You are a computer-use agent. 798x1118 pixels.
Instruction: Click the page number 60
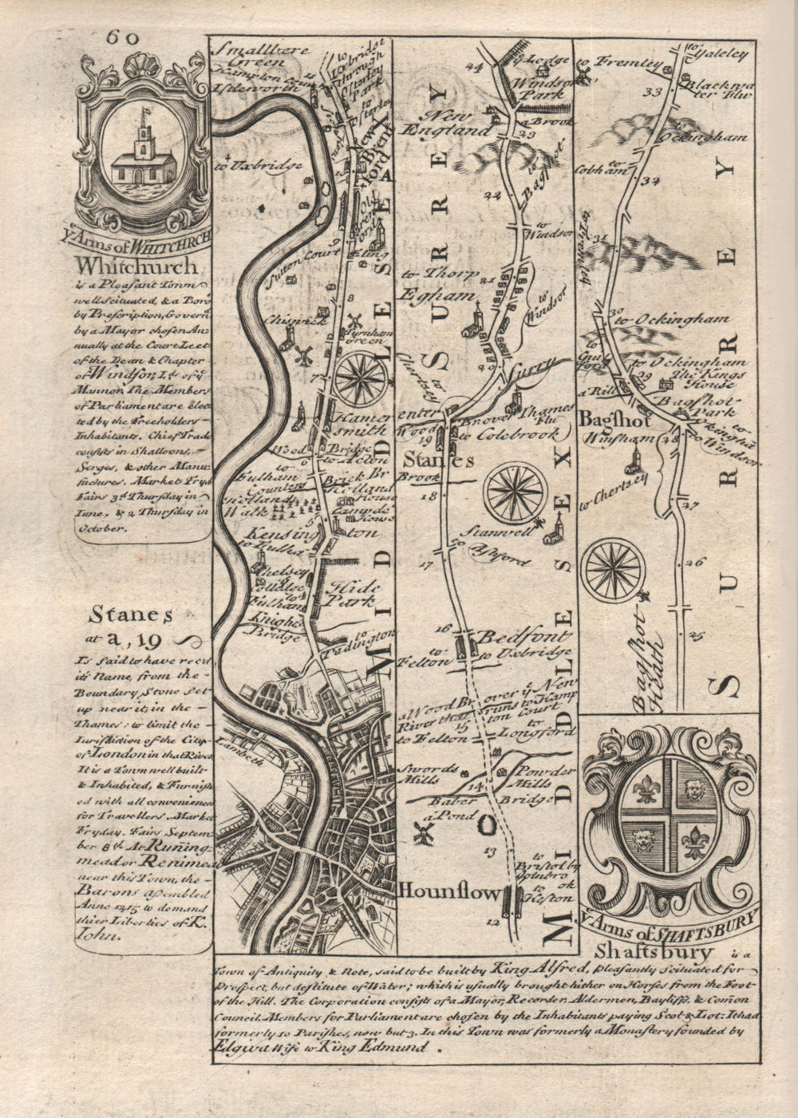120,38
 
